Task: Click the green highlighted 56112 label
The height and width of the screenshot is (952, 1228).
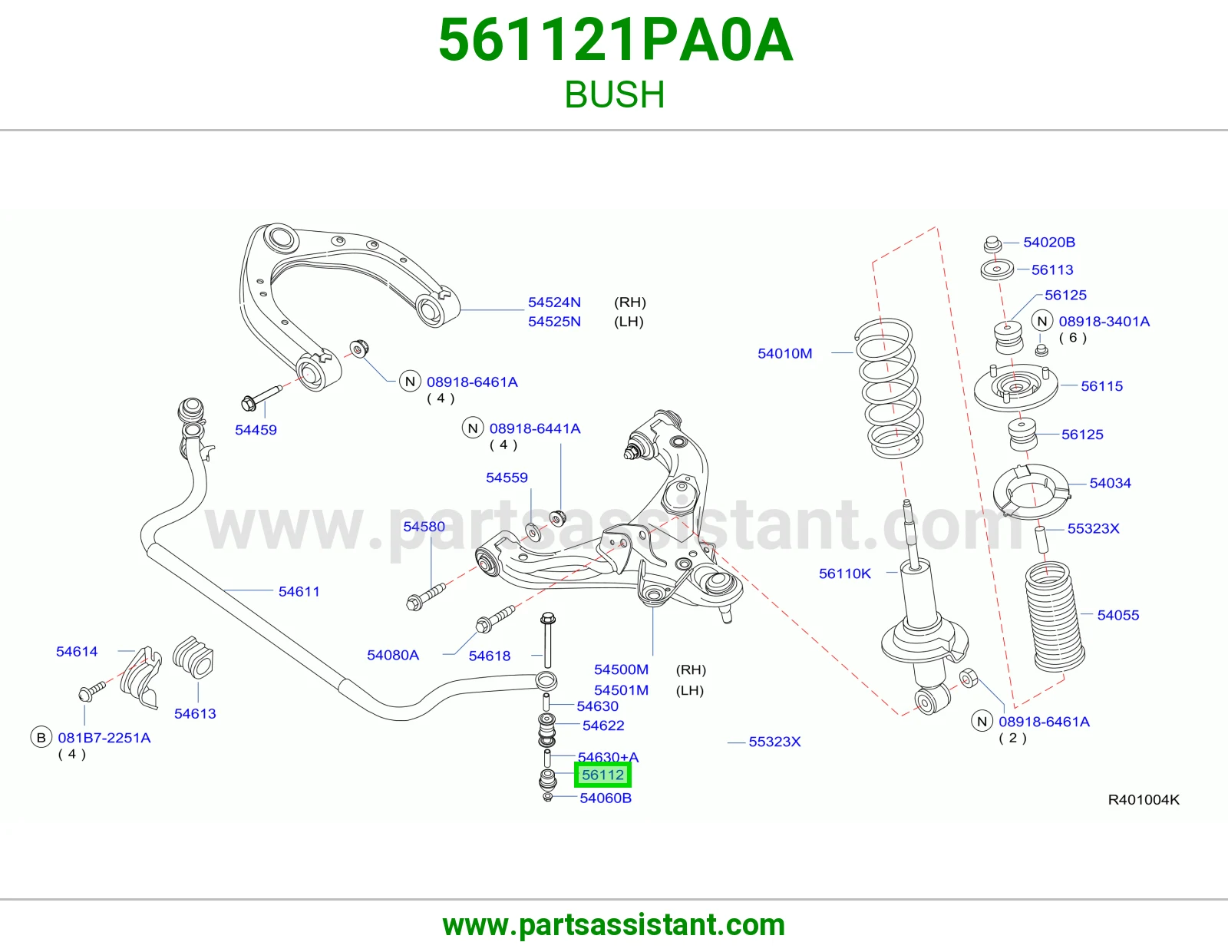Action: [x=602, y=775]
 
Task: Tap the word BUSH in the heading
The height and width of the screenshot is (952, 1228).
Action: [x=614, y=94]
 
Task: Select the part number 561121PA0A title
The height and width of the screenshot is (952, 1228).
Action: [x=616, y=40]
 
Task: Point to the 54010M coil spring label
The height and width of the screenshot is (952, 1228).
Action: [x=784, y=353]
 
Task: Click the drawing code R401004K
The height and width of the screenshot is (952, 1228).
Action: [x=1144, y=799]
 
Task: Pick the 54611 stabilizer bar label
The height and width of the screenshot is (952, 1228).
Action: [x=299, y=591]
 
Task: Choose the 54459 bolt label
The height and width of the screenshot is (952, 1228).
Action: [x=256, y=430]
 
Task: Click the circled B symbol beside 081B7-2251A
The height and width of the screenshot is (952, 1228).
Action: [x=41, y=738]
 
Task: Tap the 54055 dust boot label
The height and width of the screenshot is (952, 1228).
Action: [x=1117, y=615]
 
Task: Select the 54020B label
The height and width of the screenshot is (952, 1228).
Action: [x=1049, y=242]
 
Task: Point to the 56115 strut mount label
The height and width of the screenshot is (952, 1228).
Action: [x=1101, y=386]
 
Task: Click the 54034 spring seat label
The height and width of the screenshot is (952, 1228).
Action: [x=1110, y=483]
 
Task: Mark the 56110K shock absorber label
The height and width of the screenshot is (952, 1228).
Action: [x=845, y=574]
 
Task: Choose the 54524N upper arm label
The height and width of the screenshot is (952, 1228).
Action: [x=554, y=302]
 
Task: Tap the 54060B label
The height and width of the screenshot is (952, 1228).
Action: [x=606, y=798]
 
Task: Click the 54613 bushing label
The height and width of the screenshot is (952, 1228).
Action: [x=195, y=713]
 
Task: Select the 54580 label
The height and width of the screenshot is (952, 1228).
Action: [x=424, y=527]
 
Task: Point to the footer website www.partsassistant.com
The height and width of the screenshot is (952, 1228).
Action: [x=614, y=925]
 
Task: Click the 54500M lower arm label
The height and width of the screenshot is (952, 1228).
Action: [x=621, y=669]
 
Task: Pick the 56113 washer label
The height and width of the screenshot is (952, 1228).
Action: [x=1051, y=269]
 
